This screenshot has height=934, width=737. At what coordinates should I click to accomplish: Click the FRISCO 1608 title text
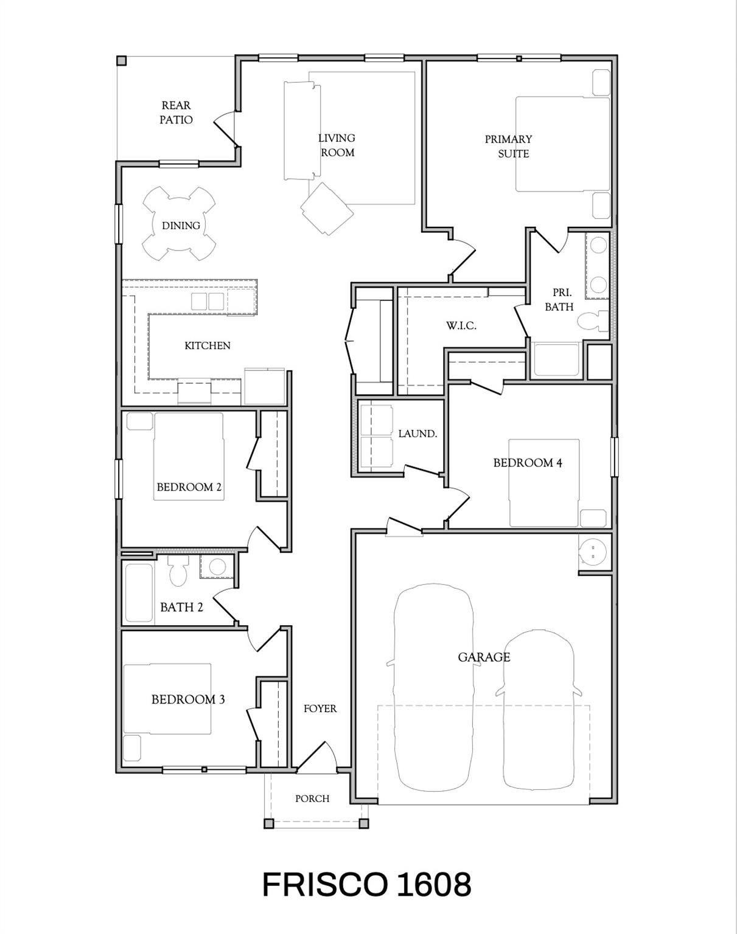[x=367, y=885]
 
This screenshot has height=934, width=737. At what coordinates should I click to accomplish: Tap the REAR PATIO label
[x=176, y=112]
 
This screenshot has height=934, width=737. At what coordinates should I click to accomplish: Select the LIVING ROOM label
[x=337, y=145]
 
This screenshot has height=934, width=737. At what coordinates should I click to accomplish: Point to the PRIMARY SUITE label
[x=508, y=147]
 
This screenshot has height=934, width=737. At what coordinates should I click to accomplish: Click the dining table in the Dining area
[x=180, y=224]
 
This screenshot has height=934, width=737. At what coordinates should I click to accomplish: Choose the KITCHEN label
[x=208, y=345]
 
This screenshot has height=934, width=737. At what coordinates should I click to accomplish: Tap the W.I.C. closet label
[x=461, y=325]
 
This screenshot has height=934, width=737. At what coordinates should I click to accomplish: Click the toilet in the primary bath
[x=593, y=320]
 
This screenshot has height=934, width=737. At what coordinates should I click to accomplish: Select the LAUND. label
[x=417, y=434]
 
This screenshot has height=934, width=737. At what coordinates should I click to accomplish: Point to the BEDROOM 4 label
[x=528, y=463]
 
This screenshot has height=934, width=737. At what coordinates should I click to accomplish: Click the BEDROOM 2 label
[x=189, y=487]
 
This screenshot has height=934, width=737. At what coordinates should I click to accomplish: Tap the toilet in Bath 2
[x=178, y=570]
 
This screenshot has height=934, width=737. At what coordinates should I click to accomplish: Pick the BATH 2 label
[x=181, y=607]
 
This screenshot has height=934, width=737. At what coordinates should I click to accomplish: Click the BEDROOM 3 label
[x=188, y=699]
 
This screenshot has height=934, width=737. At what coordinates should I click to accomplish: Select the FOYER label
[x=320, y=708]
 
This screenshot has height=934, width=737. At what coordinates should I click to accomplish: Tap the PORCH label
[x=312, y=798]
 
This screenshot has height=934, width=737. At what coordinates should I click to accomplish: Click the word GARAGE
[x=484, y=657]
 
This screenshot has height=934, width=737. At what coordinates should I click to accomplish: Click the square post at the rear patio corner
[x=122, y=60]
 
